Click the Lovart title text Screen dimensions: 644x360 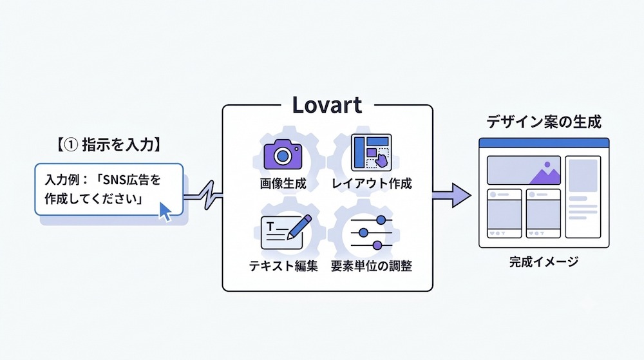tap(327, 105)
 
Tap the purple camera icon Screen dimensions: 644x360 tap(283, 155)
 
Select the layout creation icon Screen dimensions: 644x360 tap(372, 152)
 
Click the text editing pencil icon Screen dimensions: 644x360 tap(287, 232)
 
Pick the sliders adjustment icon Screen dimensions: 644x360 tap(372, 232)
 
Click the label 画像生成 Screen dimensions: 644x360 tap(283, 183)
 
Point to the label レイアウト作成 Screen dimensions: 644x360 tap(372, 183)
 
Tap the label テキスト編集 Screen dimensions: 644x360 tap(283, 266)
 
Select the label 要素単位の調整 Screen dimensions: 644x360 tap(372, 266)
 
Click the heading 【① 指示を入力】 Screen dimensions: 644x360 tap(109, 144)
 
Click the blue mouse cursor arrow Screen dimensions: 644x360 tap(165, 211)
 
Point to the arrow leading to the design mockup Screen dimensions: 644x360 tap(452, 195)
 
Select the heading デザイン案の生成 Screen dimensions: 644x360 tap(544, 122)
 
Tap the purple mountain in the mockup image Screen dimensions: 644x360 tap(545, 174)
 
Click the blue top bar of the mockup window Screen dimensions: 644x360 tap(544, 143)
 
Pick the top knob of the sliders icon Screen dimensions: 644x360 tap(381, 220)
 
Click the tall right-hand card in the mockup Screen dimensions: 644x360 tap(583, 197)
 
